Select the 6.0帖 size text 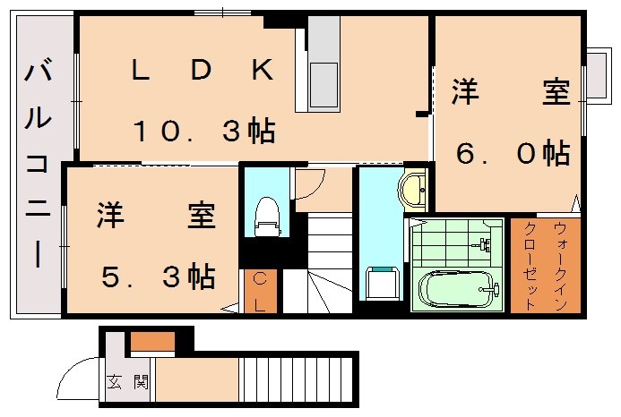(513, 153)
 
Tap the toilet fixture (265, 215)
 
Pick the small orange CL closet (260, 291)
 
